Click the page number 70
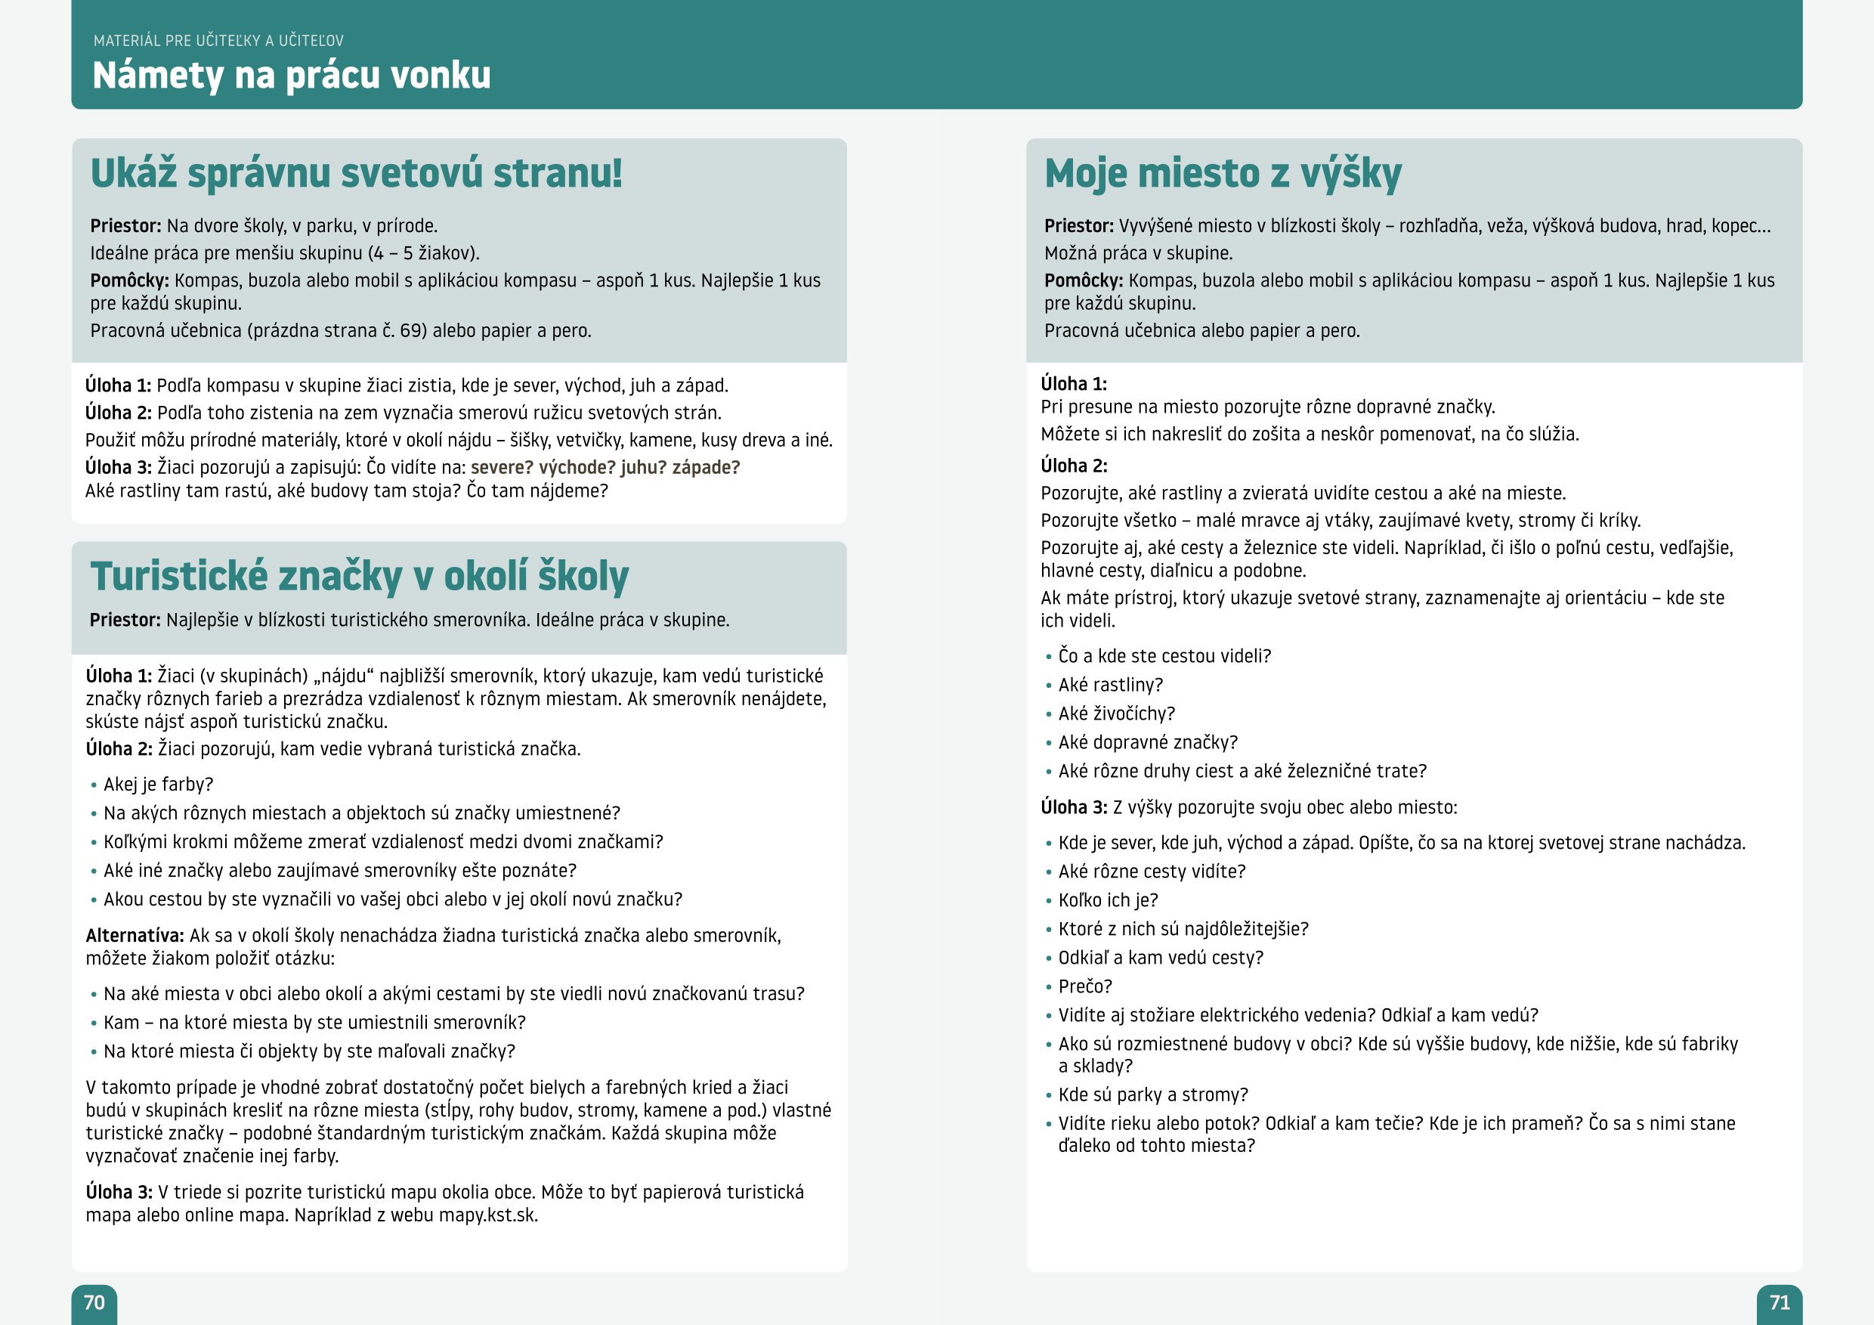[x=94, y=1302]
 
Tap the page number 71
[x=1780, y=1302]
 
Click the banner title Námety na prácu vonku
[x=292, y=75]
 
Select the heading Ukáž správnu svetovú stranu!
[x=356, y=173]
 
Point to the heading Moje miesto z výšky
[x=1223, y=174]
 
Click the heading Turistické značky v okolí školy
[x=359, y=577]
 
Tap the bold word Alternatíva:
[x=135, y=936]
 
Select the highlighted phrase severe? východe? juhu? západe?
[x=605, y=468]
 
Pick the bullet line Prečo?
[x=1085, y=986]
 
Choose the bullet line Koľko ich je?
[x=1108, y=900]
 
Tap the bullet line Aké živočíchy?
[x=1116, y=714]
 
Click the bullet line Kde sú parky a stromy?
[x=1152, y=1094]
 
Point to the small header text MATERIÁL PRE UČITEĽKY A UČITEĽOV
[x=218, y=41]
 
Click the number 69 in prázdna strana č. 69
[x=410, y=330]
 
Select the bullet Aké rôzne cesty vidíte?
[x=1152, y=872]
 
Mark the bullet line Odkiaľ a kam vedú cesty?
[x=1160, y=958]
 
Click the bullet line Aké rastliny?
[x=1110, y=685]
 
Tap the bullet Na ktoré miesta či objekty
[x=308, y=1051]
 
